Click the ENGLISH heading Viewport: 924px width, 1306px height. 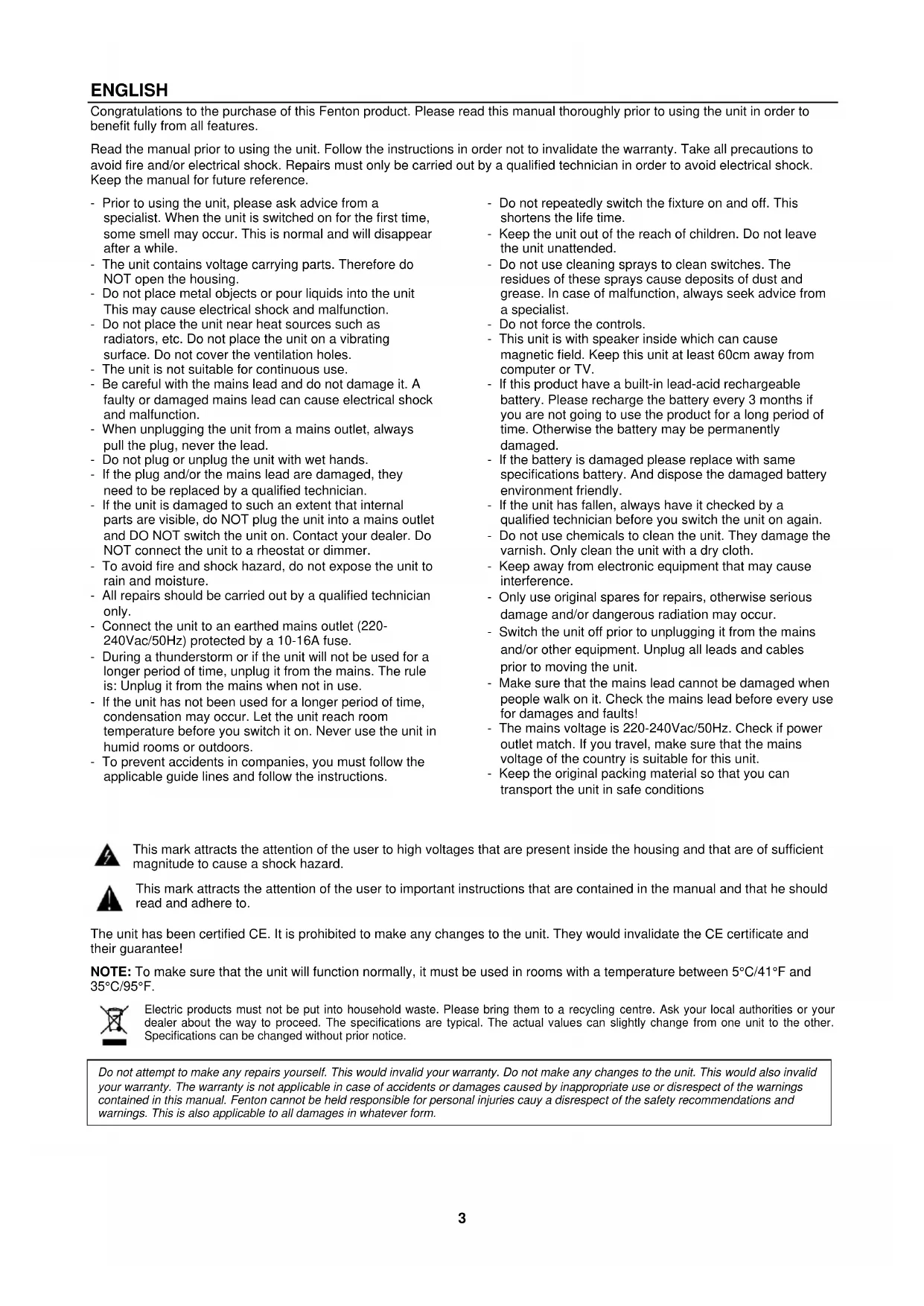tap(129, 91)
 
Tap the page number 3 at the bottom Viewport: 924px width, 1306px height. tap(462, 1219)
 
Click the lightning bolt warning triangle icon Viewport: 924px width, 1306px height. tap(107, 856)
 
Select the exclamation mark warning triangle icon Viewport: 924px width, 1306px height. tap(109, 899)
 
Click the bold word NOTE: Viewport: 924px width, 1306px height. tap(111, 972)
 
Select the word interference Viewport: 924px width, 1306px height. tap(536, 581)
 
